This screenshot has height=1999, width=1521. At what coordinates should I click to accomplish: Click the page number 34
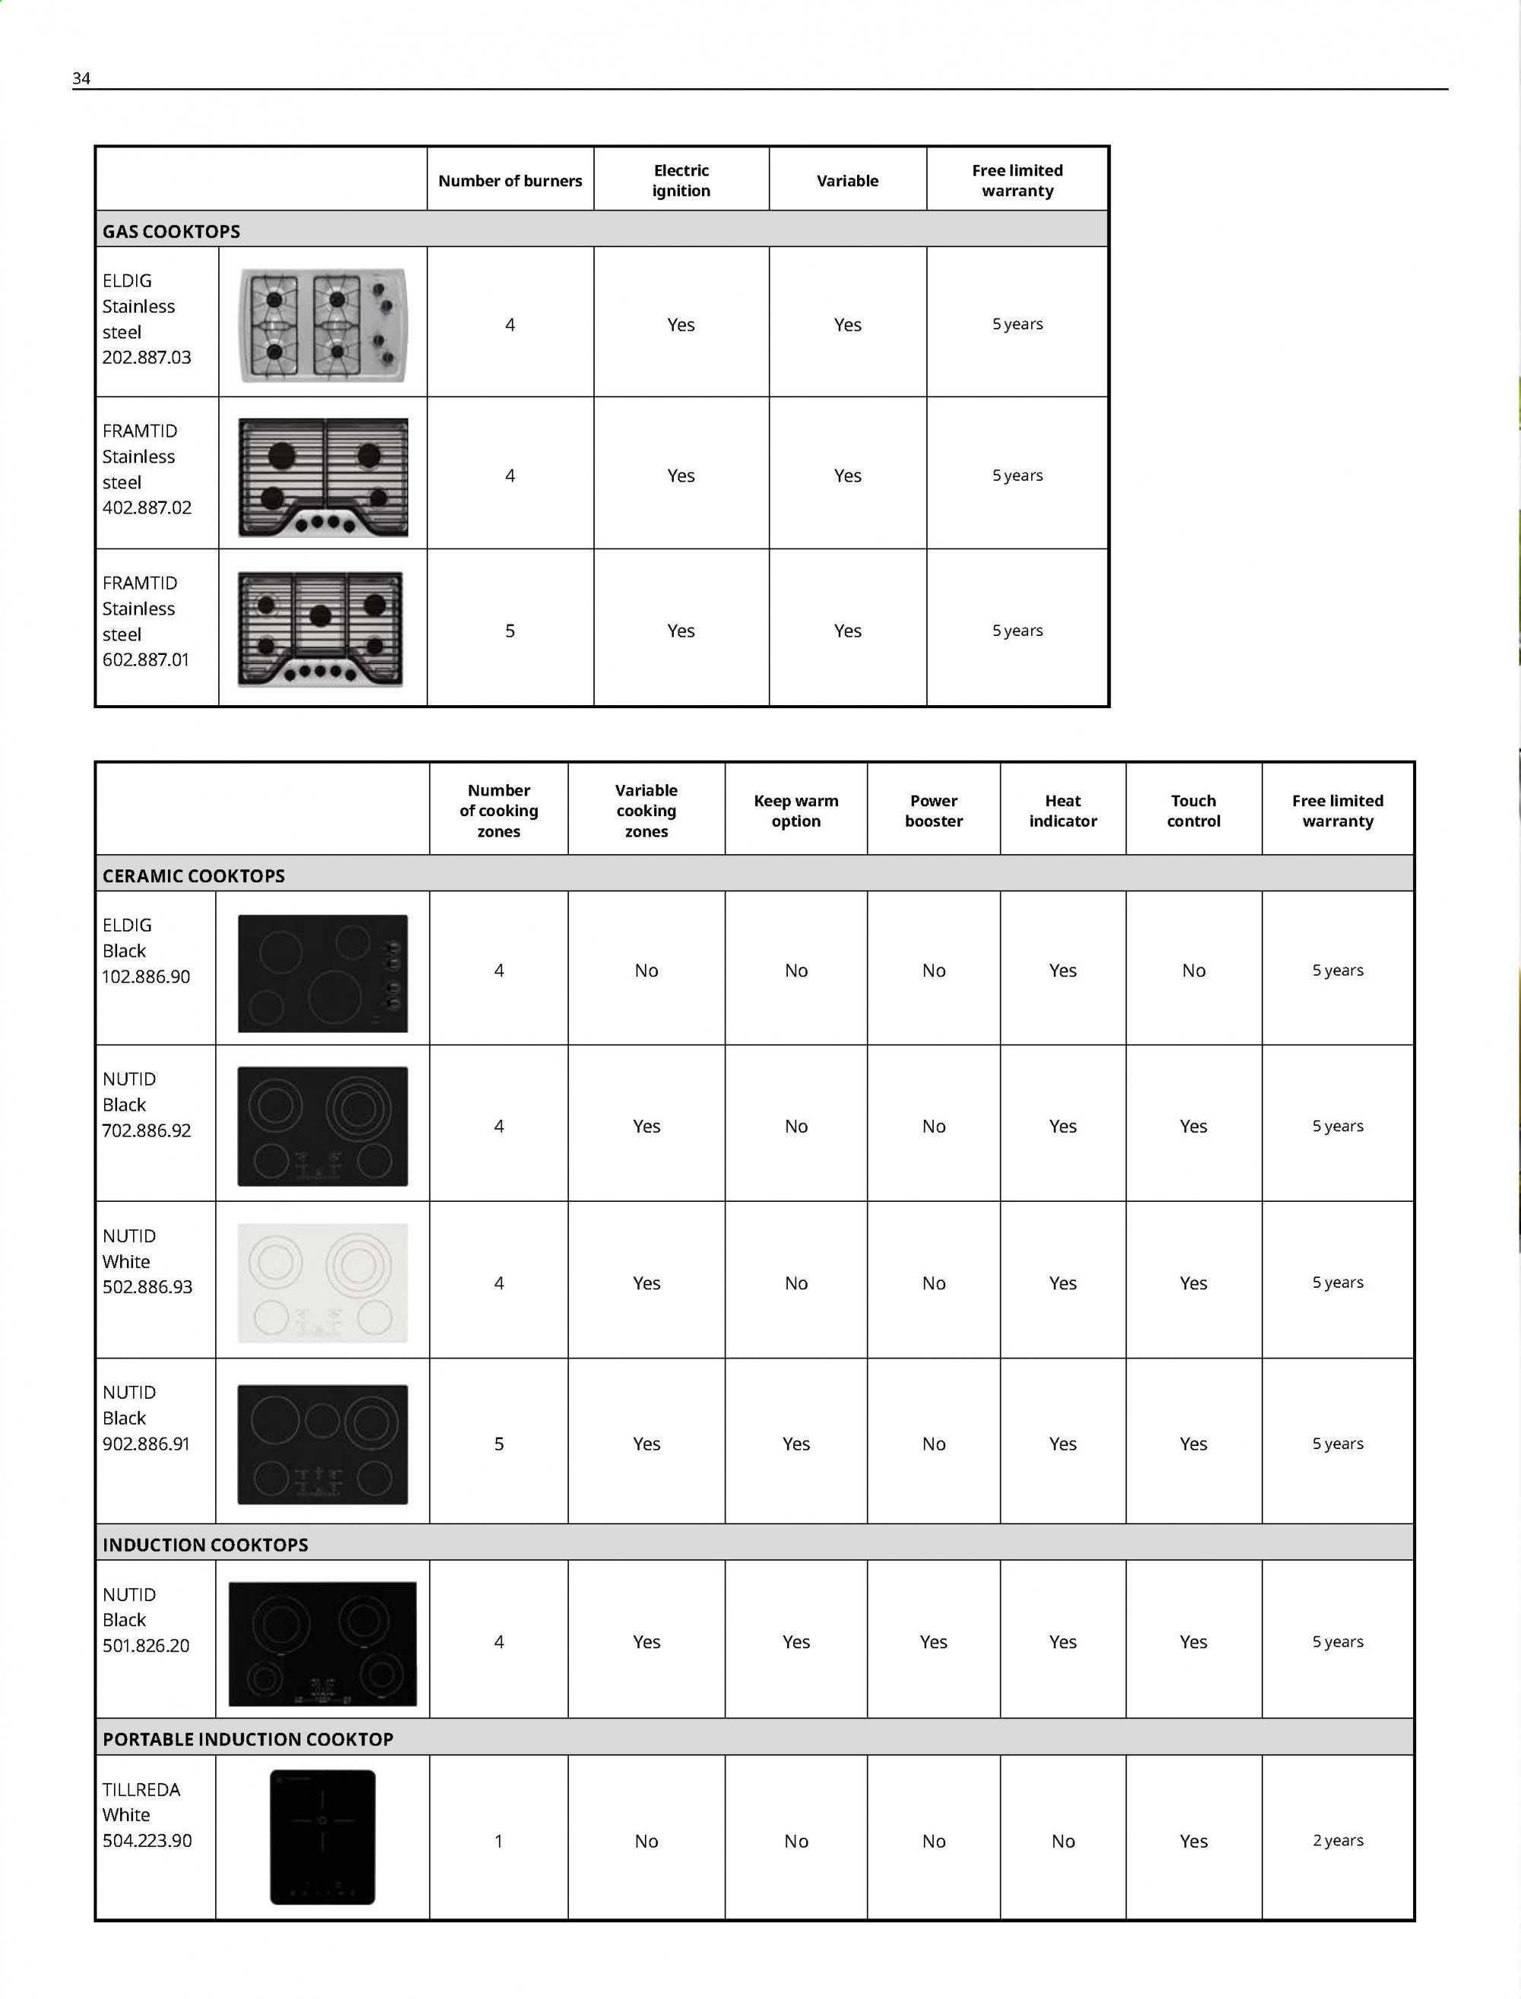pyautogui.click(x=81, y=79)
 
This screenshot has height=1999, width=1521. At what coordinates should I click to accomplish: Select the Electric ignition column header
pyautogui.click(x=681, y=180)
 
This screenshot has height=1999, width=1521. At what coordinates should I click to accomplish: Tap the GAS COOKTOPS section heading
pyautogui.click(x=171, y=232)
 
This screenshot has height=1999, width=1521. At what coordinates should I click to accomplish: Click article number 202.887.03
pyautogui.click(x=147, y=358)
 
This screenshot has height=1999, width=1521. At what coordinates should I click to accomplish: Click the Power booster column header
pyautogui.click(x=933, y=810)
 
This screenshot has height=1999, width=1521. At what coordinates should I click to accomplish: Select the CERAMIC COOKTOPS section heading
pyautogui.click(x=194, y=876)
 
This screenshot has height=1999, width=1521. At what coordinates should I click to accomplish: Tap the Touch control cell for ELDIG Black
pyautogui.click(x=1193, y=971)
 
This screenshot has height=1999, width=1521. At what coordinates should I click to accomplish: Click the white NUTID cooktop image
pyautogui.click(x=322, y=1282)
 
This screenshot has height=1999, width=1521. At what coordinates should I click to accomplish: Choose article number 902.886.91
pyautogui.click(x=147, y=1444)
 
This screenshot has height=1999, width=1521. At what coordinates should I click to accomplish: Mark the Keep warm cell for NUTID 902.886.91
pyautogui.click(x=795, y=1444)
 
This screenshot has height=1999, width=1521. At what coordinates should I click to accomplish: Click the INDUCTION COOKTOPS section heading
pyautogui.click(x=205, y=1546)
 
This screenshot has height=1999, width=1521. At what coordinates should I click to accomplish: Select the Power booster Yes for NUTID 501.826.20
pyautogui.click(x=933, y=1642)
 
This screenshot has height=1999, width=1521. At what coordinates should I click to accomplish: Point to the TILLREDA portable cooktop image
pyautogui.click(x=322, y=1837)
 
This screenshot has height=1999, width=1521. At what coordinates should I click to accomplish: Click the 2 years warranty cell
pyautogui.click(x=1337, y=1841)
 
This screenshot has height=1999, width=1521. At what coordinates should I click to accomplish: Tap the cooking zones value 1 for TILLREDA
pyautogui.click(x=499, y=1842)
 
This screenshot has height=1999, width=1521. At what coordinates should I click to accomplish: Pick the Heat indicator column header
pyautogui.click(x=1063, y=810)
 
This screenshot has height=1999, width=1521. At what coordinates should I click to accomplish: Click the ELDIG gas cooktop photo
pyautogui.click(x=322, y=324)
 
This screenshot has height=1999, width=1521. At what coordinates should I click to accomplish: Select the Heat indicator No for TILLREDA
pyautogui.click(x=1063, y=1842)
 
